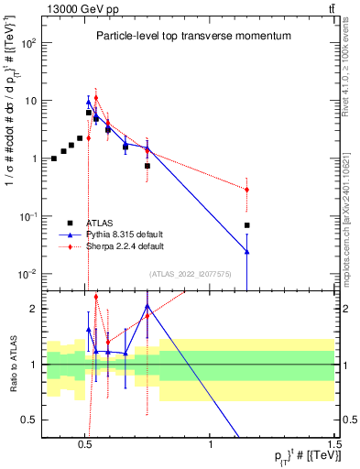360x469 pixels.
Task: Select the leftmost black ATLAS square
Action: pos(54,158)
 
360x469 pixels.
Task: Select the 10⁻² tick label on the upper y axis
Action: pos(26,274)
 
